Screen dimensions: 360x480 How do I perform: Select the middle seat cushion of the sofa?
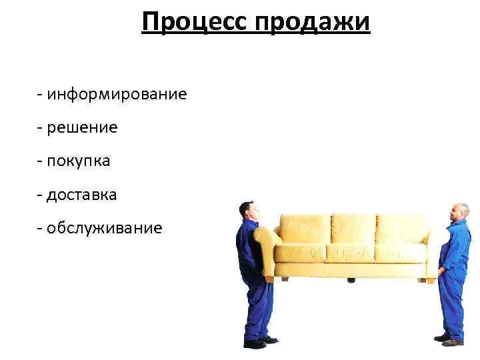coord(350,253)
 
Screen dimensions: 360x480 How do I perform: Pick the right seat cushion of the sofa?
coord(400,253)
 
